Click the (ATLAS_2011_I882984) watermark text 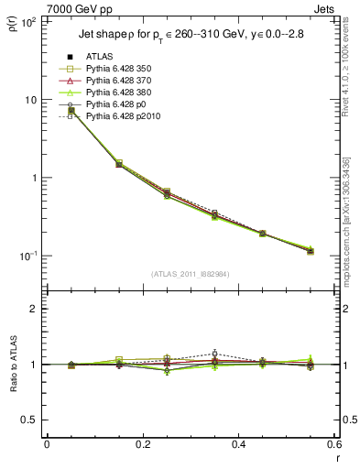coord(190,274)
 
